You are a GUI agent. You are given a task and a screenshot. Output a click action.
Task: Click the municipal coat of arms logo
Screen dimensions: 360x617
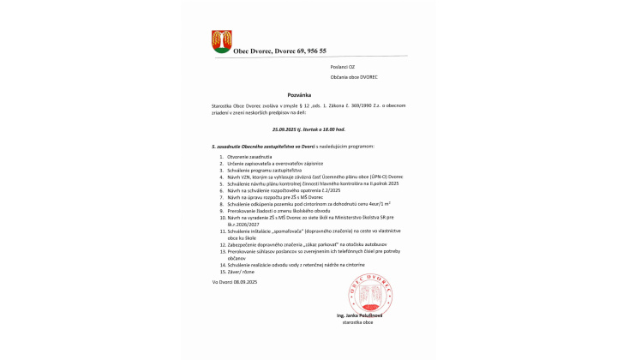click(220, 41)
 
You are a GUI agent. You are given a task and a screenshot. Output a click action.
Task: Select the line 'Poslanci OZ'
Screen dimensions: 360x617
click(343, 66)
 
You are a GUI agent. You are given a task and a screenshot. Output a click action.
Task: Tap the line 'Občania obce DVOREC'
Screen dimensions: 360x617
click(355, 78)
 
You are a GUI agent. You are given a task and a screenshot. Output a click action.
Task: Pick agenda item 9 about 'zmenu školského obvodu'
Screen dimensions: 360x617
click(271, 212)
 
